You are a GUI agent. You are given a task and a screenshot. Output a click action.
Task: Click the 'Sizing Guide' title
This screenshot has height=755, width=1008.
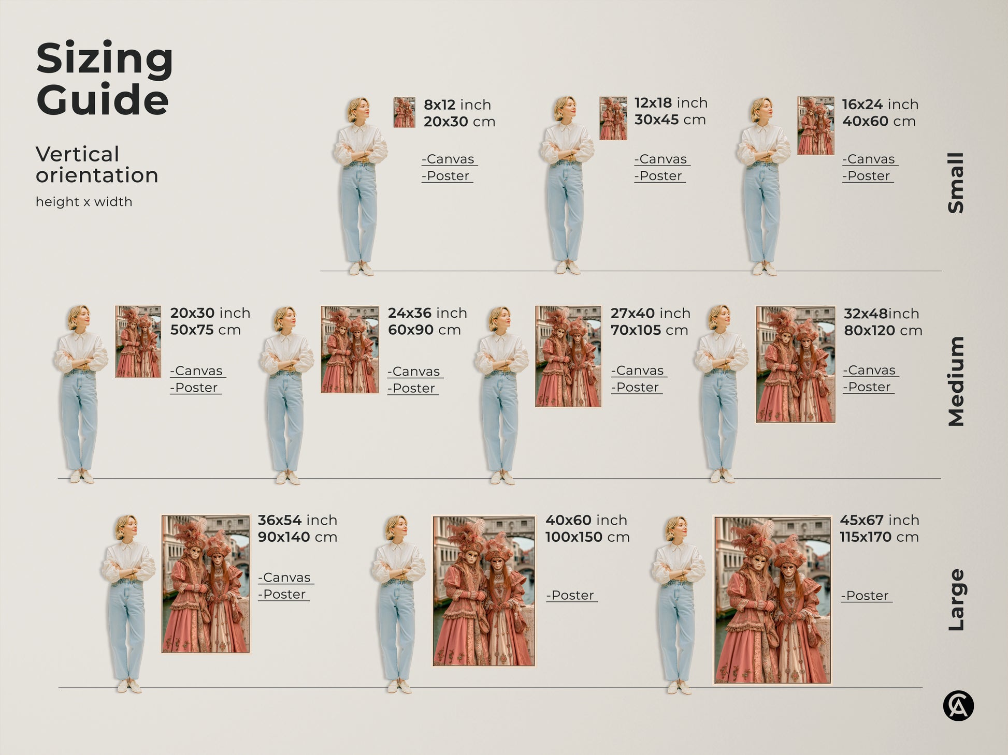[x=104, y=79]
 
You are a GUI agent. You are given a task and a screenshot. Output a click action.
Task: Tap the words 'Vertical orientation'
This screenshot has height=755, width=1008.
[x=96, y=165]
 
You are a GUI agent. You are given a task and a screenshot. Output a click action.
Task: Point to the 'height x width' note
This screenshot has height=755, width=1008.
[x=84, y=202]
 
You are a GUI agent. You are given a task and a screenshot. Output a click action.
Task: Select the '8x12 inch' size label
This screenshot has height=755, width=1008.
[x=457, y=105]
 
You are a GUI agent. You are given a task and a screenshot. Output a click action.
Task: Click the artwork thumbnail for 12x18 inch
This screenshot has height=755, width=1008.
[x=613, y=119]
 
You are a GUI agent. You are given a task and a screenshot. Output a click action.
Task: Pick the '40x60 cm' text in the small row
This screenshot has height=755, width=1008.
[x=879, y=122]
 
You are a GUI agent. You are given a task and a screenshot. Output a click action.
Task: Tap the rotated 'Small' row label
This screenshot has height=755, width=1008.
[x=956, y=183]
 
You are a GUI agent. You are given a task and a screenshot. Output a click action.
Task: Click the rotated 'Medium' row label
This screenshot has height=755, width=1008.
[x=956, y=381]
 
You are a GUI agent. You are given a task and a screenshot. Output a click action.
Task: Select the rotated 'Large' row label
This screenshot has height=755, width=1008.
[x=956, y=600]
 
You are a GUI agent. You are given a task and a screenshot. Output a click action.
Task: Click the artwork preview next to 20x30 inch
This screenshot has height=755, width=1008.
[x=138, y=342]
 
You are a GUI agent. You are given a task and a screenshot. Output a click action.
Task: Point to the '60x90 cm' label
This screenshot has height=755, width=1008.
[x=424, y=330]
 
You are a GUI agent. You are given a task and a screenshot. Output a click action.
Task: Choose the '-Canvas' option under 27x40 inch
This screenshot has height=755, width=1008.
[x=638, y=371]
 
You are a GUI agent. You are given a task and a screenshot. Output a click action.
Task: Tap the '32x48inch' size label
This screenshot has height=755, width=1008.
[x=881, y=314]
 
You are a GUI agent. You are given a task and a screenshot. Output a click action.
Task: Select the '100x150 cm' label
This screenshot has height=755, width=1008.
[x=587, y=537]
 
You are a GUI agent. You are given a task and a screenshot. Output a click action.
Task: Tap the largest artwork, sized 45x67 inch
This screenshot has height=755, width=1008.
[x=772, y=600]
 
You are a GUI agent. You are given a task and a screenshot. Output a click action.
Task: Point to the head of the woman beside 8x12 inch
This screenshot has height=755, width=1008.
[x=358, y=109]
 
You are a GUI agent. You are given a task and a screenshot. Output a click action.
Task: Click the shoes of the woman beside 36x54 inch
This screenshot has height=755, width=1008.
[x=128, y=686]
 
